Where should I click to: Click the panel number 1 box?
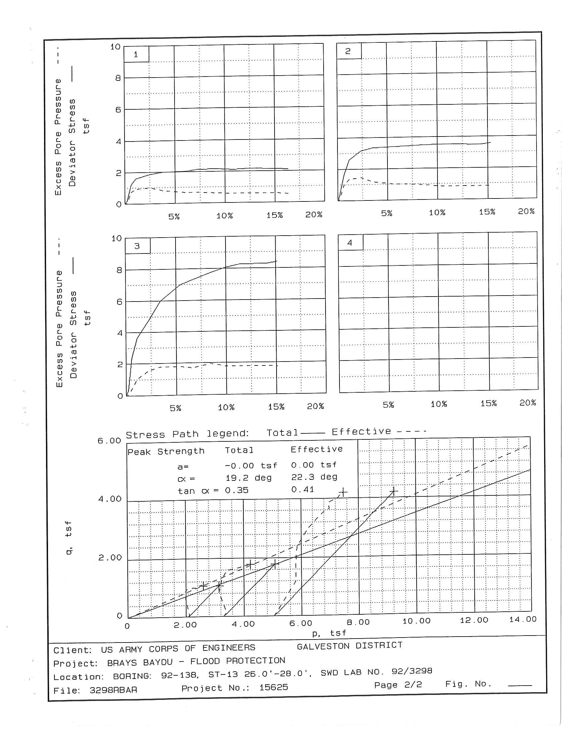coord(136,54)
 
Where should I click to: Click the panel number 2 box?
coord(348,51)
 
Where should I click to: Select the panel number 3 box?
coord(137,246)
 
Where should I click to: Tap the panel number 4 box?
coord(350,243)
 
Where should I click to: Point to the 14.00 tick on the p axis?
coord(523,619)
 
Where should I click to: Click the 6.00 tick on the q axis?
coord(109,441)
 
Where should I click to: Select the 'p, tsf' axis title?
coord(329,633)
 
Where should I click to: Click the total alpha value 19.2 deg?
coord(248,477)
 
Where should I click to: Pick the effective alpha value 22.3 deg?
coord(314,477)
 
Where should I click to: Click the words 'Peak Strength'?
coord(166,452)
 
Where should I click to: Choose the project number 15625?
coord(274,687)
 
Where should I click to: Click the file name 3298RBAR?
coord(113,690)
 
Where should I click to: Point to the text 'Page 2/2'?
coord(398,685)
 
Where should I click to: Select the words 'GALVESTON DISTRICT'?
coord(349,646)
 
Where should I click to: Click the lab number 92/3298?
coord(412,671)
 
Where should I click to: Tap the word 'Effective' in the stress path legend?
coord(361,431)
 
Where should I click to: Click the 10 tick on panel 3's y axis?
coord(117,238)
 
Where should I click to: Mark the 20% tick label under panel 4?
coord(528,403)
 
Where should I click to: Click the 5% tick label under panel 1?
coord(174,216)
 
